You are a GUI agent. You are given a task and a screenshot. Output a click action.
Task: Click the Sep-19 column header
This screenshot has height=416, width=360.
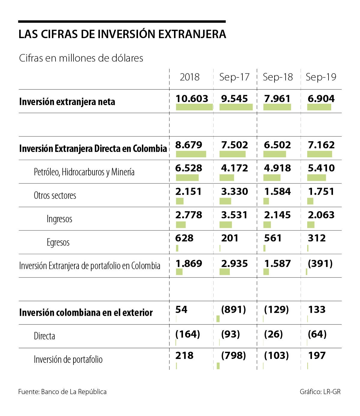tap(321, 77)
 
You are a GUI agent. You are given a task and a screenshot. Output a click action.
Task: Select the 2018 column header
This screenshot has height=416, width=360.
tap(190, 77)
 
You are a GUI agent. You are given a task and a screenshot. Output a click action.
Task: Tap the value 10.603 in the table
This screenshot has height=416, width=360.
tap(192, 98)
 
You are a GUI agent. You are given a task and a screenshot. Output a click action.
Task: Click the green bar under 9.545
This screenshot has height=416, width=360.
tap(236, 107)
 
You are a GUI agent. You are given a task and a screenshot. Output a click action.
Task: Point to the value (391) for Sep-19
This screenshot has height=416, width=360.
tap(320, 264)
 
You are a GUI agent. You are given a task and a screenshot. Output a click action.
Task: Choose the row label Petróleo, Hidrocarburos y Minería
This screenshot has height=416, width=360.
tap(84, 172)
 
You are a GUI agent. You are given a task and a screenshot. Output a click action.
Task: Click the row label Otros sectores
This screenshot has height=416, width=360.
tap(55, 195)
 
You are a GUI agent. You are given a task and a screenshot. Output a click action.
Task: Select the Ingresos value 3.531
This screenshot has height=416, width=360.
tap(234, 215)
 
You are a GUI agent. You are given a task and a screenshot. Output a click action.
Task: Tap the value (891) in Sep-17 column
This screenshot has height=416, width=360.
tap(233, 309)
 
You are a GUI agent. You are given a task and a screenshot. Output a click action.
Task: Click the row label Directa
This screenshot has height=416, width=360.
tap(44, 336)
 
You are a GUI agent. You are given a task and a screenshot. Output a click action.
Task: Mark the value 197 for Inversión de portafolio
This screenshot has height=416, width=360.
tap(316, 356)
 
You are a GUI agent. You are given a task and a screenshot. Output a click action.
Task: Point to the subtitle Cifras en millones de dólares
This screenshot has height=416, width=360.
tap(81, 58)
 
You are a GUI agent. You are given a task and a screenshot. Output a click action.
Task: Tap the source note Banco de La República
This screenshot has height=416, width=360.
tap(73, 392)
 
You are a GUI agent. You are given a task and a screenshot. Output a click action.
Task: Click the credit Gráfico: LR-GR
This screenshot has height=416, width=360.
tap(320, 392)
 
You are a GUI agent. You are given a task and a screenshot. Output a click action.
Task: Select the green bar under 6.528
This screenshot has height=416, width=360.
tap(187, 178)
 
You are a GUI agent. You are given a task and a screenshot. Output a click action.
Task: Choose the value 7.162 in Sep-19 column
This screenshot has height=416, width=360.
tap(321, 145)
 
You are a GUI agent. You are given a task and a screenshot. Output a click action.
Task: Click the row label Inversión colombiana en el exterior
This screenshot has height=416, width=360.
tap(86, 312)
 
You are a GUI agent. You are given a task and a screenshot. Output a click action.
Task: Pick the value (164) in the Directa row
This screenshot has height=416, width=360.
tap(187, 334)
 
